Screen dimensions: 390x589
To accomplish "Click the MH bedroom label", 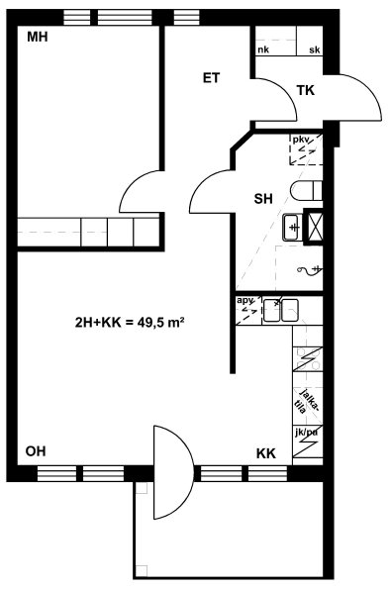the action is click(38, 38).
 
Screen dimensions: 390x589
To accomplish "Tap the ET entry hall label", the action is click(211, 78).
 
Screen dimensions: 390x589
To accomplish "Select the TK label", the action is click(306, 90).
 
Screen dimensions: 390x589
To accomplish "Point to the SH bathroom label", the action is click(263, 198).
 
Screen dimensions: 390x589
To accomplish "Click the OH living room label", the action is click(36, 451).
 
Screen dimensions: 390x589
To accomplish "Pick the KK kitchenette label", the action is click(266, 453).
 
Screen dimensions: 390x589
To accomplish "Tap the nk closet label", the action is click(263, 49).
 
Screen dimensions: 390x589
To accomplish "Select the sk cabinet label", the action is click(315, 49).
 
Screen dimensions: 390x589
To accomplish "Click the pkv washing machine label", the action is click(301, 140).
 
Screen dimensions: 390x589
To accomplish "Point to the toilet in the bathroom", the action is click(306, 191).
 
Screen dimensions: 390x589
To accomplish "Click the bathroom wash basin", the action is click(292, 227).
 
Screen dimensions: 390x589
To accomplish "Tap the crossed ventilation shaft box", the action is click(315, 227).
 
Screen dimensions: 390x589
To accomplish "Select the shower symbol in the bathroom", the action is click(310, 269).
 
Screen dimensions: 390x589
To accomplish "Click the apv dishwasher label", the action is click(244, 301).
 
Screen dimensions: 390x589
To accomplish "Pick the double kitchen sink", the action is click(281, 310).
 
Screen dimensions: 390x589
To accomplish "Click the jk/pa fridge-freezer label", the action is click(306, 433).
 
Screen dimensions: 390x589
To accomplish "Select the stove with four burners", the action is click(308, 358).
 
